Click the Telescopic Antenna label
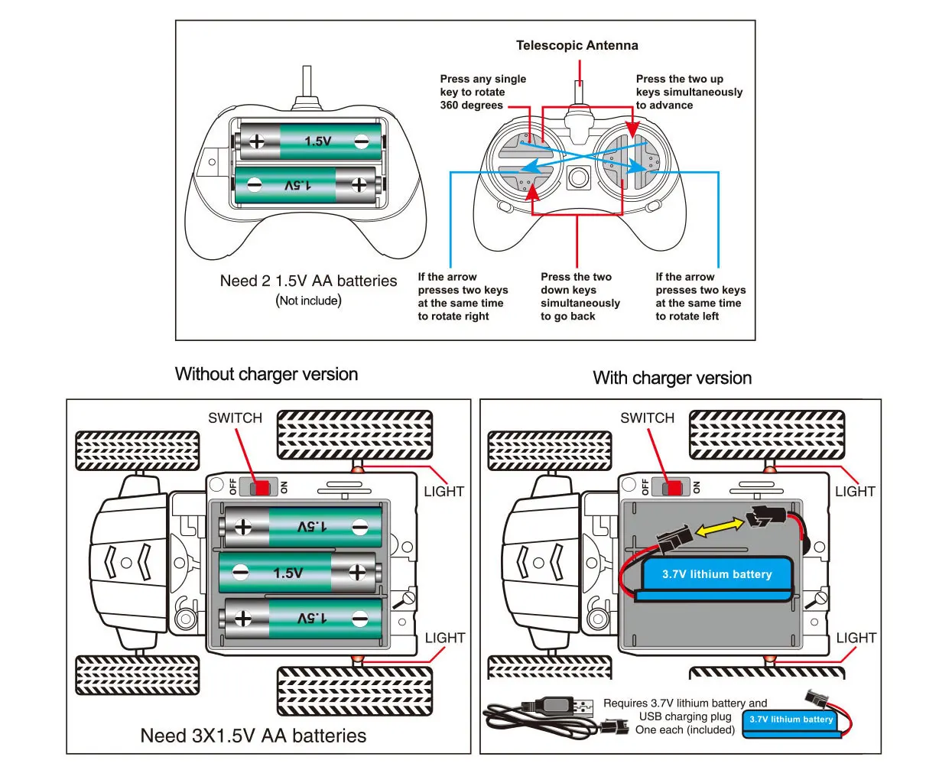[577, 46]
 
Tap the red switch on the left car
[263, 487]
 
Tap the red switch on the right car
[674, 487]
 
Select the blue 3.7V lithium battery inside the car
[716, 575]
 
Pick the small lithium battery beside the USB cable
[791, 720]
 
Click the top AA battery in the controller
[310, 141]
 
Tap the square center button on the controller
[577, 179]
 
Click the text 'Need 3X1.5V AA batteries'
[253, 736]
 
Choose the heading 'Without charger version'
[266, 375]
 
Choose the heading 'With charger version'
[672, 378]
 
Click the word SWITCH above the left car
[235, 418]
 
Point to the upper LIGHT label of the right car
[855, 492]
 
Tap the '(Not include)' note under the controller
[308, 301]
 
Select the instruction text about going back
[580, 297]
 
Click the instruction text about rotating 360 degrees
[482, 93]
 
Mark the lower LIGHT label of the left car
[444, 638]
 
